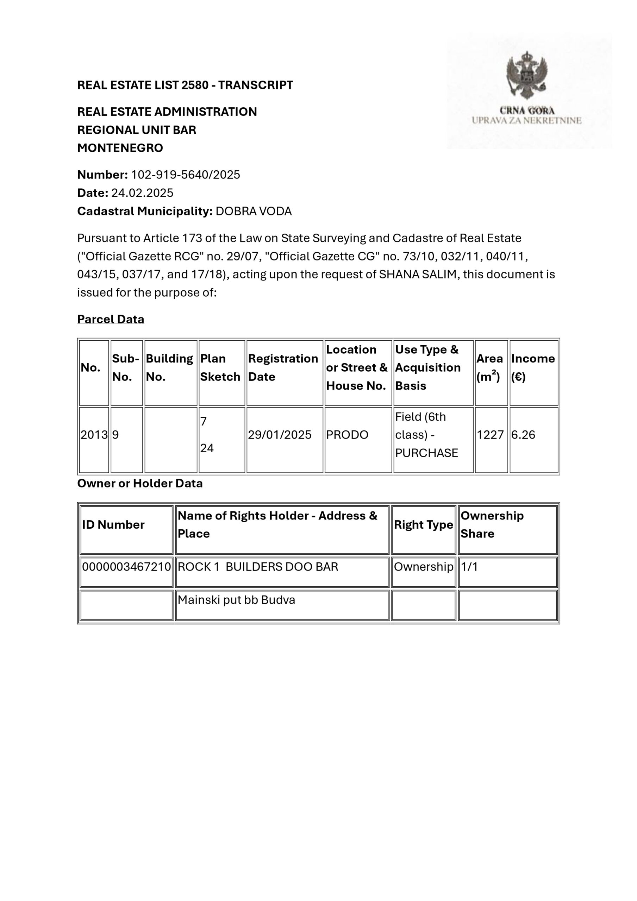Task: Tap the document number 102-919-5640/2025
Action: tap(185, 175)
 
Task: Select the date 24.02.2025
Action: tap(142, 193)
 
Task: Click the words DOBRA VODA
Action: tap(253, 211)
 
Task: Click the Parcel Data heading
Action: tap(110, 319)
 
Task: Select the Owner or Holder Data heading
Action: tap(140, 483)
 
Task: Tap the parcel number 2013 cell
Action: tap(94, 434)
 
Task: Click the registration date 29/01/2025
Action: tap(280, 434)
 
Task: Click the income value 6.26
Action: tap(523, 434)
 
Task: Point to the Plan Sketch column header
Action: tap(220, 368)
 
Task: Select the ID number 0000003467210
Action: tap(126, 567)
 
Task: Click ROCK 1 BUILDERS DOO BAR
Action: tap(258, 567)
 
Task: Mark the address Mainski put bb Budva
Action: tap(236, 600)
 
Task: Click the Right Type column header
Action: tap(423, 525)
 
